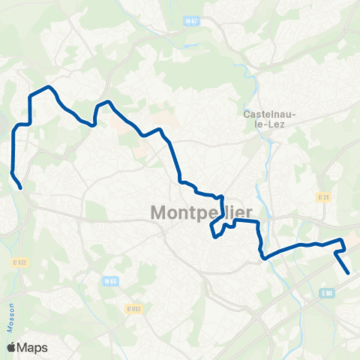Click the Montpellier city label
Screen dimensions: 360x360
[202, 212]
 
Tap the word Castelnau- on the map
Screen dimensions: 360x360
[271, 115]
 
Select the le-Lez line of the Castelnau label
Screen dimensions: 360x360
[271, 126]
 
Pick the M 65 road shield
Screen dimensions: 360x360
[111, 281]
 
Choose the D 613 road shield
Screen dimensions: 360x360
[134, 308]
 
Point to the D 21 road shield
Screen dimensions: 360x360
[323, 197]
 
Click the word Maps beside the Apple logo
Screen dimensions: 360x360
[33, 347]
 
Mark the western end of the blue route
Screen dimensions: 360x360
[20, 187]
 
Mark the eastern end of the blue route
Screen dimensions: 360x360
[349, 273]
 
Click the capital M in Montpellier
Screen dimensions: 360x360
[160, 212]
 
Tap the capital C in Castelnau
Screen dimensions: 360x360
[247, 115]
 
